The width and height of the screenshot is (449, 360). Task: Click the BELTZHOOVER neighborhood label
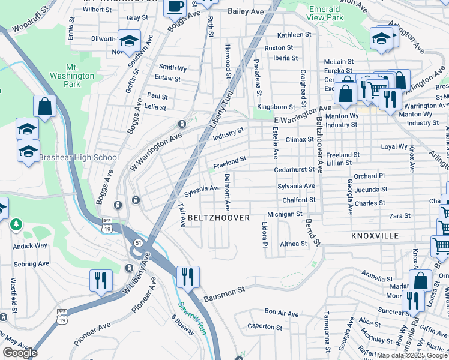point(218,218)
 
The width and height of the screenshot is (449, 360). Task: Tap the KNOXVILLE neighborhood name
point(375,236)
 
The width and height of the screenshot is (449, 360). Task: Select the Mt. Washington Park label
point(80,76)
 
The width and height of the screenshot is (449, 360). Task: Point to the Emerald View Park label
point(325,14)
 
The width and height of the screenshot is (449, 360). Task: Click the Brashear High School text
point(79,158)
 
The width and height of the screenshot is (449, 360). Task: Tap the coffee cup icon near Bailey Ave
point(175,7)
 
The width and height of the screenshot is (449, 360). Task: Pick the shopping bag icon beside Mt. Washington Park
point(44,107)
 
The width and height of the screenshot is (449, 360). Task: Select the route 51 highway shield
point(138,242)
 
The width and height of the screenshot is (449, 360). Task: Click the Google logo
point(20,353)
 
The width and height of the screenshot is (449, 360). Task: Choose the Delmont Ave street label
point(227,192)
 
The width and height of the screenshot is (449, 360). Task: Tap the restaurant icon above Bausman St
point(188,277)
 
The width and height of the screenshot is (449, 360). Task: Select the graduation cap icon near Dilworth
point(129,41)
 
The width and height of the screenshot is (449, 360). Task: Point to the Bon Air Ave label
point(282,313)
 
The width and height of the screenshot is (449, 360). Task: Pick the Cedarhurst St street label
point(294,170)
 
